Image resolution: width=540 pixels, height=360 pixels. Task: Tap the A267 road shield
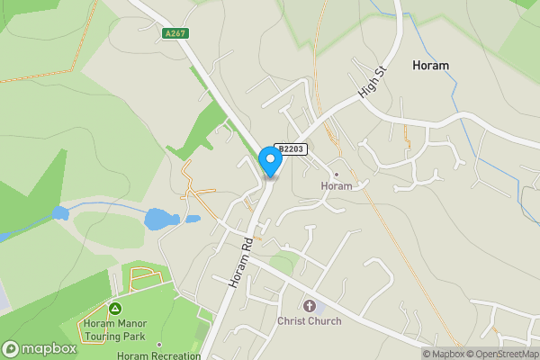175,33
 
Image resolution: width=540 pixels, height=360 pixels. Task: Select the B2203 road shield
292,149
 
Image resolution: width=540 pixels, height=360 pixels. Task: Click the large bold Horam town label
430,66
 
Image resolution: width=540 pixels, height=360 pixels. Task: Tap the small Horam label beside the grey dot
337,186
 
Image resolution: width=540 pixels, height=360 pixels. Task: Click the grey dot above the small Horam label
337,175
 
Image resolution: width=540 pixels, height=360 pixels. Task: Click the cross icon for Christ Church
310,306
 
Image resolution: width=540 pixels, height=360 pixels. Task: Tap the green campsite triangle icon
115,309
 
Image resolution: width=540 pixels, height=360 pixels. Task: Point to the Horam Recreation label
158,355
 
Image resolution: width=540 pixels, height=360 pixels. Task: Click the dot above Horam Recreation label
159,344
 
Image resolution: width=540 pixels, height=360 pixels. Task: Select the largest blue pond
159,219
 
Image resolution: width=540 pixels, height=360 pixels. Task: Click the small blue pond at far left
60,214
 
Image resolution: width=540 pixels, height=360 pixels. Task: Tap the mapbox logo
40,348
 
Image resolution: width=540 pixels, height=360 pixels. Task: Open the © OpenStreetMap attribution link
503,354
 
